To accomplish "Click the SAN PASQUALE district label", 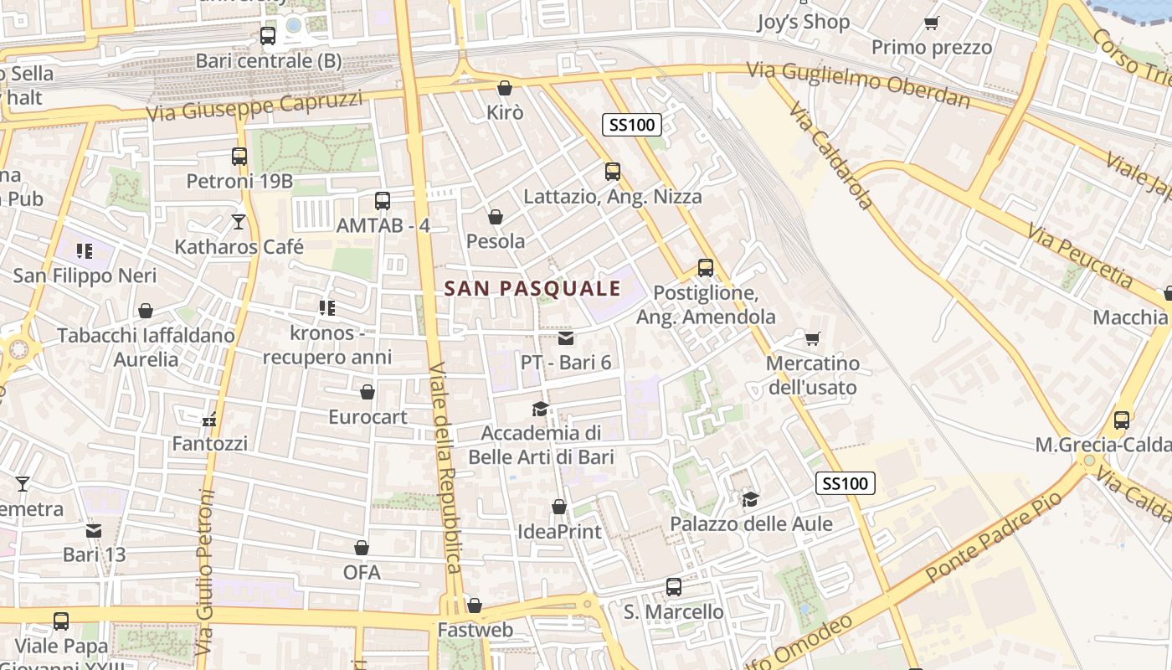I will click(x=532, y=289).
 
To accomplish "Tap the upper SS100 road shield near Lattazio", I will click(x=632, y=126).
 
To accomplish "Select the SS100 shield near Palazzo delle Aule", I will click(x=846, y=483).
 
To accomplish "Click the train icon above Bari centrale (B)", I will click(x=268, y=36).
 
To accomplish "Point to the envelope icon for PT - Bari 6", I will click(x=566, y=338).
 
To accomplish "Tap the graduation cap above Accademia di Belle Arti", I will click(x=541, y=409).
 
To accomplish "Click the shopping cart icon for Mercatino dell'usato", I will click(x=812, y=338).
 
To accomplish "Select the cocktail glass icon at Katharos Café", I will click(x=239, y=222).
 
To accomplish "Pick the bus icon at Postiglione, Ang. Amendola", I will click(x=706, y=268).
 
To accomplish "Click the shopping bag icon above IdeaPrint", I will click(x=559, y=507).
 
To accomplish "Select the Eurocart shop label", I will click(x=368, y=417).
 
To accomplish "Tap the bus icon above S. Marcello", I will click(x=674, y=586).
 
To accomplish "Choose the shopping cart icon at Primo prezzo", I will click(x=931, y=23).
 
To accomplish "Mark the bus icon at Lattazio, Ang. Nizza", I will click(x=613, y=172).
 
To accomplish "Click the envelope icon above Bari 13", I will click(x=94, y=530).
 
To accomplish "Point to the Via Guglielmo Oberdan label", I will click(x=858, y=83).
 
